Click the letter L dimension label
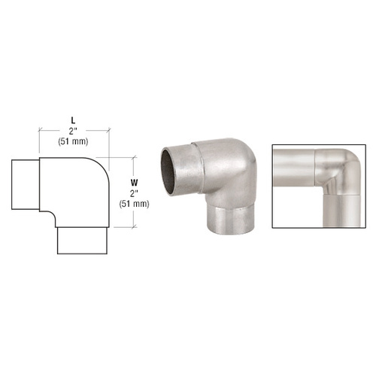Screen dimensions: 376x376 pyautogui.click(x=73, y=121)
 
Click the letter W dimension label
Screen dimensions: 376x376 pyautogui.click(x=134, y=183)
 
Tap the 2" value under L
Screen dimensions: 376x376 pyautogui.click(x=73, y=131)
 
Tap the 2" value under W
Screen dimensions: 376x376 pyautogui.click(x=134, y=193)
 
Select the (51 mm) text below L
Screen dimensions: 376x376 pyautogui.click(x=73, y=141)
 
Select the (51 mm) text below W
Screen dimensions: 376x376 pyautogui.click(x=134, y=204)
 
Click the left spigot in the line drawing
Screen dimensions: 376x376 pyautogui.click(x=26, y=184)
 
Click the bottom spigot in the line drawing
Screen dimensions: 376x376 pyautogui.click(x=82, y=241)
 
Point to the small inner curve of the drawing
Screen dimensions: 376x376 pyautogui.click(x=51, y=214)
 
